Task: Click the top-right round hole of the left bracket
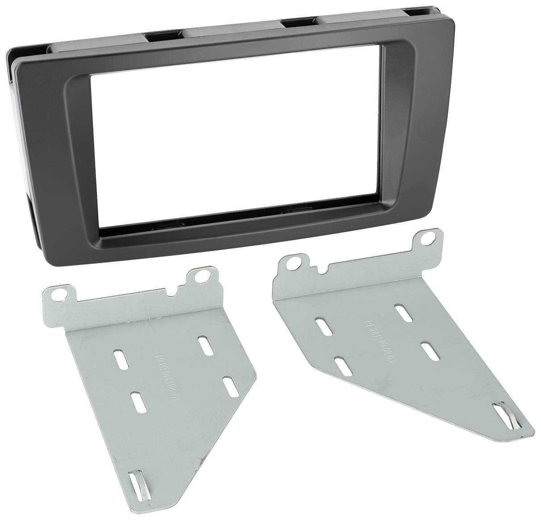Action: [x=202, y=277]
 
